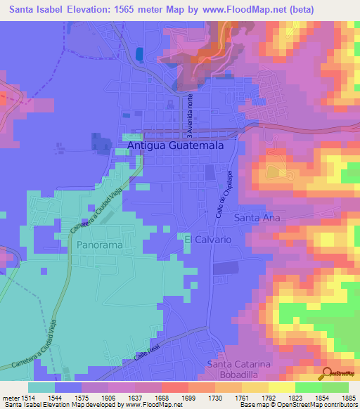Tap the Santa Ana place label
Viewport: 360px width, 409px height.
[x=257, y=218]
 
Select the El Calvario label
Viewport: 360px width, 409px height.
[x=207, y=240]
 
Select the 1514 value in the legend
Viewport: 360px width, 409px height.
[x=22, y=397]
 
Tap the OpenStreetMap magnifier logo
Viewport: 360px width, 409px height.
[x=328, y=374]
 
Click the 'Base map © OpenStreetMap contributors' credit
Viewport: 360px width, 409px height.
[x=298, y=405]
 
